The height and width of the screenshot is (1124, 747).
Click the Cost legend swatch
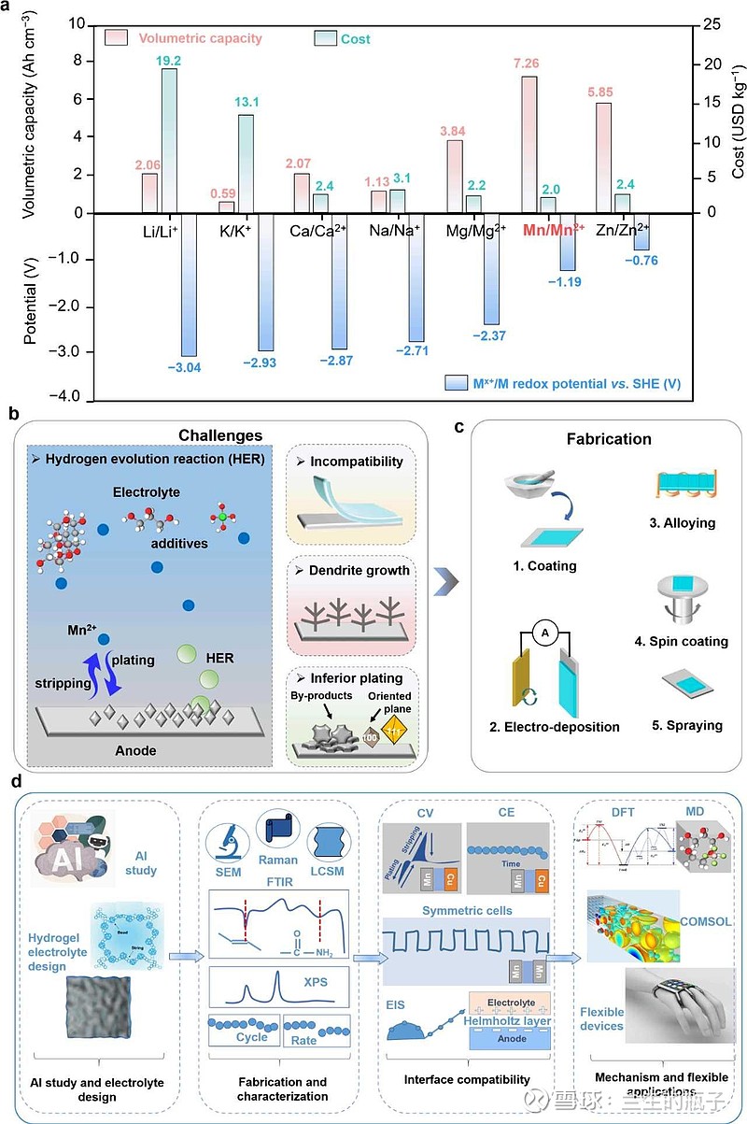tap(324, 38)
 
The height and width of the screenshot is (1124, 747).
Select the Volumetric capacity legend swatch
tap(117, 38)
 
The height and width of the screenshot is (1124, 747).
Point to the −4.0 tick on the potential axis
tap(68, 396)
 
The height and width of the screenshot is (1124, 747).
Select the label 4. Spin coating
tap(682, 642)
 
